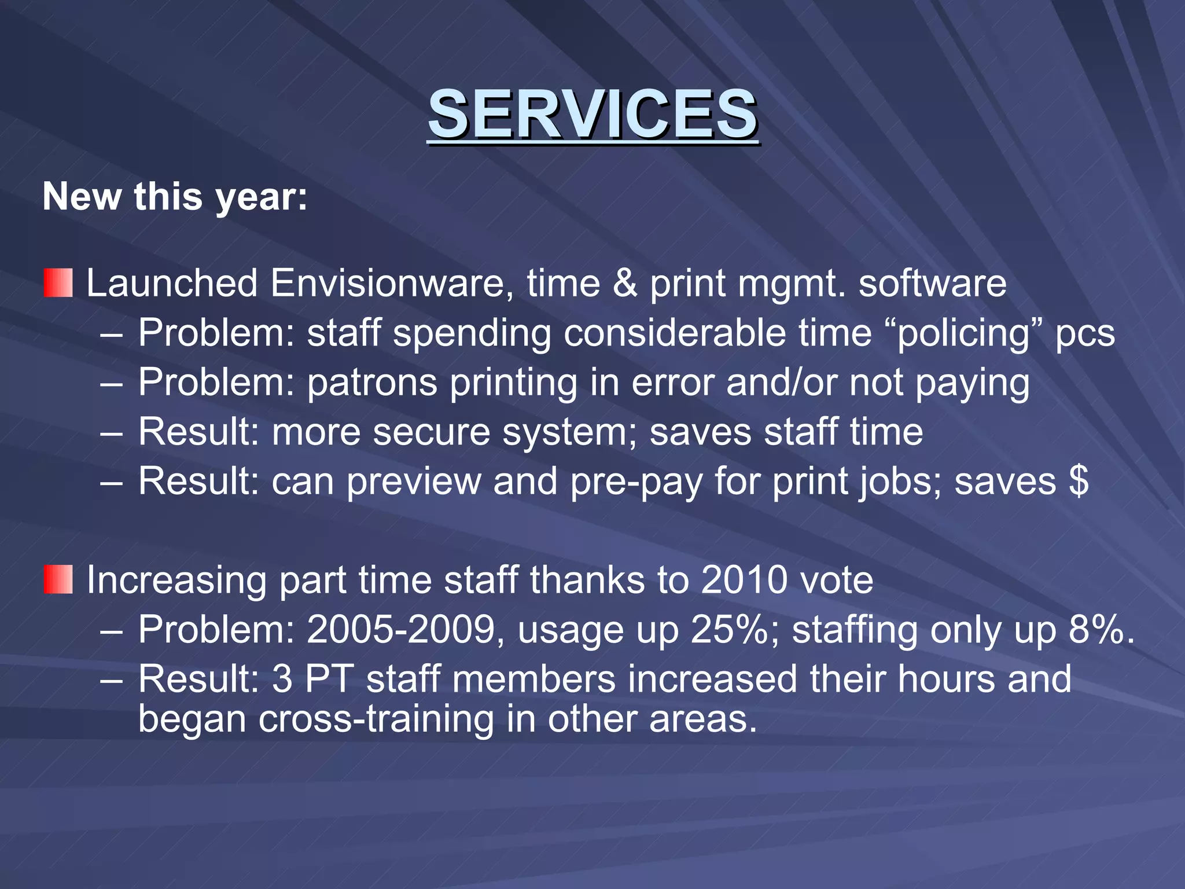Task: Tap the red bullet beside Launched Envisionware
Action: [x=58, y=283]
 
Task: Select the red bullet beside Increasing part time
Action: [x=58, y=580]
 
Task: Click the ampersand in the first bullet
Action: [x=624, y=284]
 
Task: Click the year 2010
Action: [x=744, y=580]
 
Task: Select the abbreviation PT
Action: [x=329, y=679]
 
